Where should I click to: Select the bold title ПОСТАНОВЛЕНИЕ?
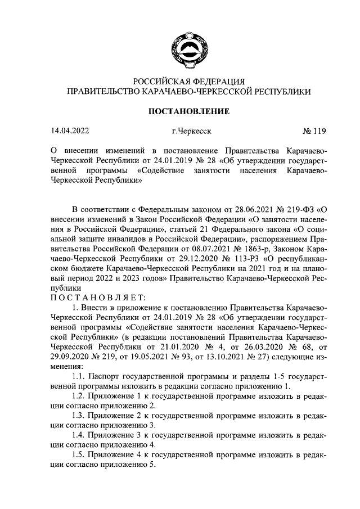188,112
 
